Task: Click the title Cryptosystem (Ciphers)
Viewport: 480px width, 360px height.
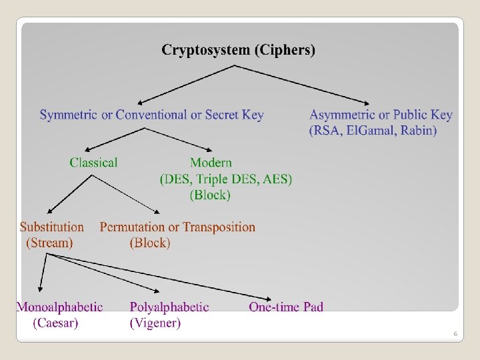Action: [x=239, y=50]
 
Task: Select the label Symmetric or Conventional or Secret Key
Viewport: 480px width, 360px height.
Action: [x=151, y=115]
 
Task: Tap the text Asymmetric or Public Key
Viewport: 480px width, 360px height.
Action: [x=381, y=115]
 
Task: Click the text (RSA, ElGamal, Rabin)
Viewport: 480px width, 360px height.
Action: [x=373, y=131]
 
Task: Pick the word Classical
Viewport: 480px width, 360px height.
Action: [x=93, y=163]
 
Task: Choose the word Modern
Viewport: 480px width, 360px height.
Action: [x=211, y=163]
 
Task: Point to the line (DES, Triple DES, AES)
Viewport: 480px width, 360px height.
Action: [x=226, y=179]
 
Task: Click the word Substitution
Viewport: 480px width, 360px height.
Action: [x=52, y=227]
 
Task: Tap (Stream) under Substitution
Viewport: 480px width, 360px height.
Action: [x=49, y=243]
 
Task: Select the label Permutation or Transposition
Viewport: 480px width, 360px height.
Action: [x=177, y=227]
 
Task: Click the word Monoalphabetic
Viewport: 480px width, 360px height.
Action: [x=59, y=307]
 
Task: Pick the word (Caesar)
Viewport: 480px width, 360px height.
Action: [x=55, y=323]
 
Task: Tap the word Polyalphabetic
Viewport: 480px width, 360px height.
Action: [x=169, y=307]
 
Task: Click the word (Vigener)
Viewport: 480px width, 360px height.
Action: [x=155, y=323]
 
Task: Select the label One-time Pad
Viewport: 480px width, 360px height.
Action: [x=286, y=307]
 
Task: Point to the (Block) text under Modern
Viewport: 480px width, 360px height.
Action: [x=210, y=195]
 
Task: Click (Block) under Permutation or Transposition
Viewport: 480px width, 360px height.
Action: [x=150, y=243]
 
